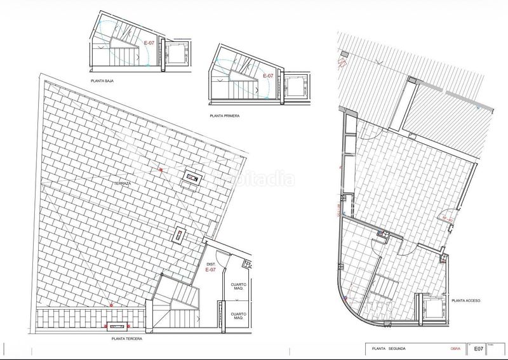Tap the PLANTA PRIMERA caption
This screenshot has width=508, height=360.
(x=225, y=116)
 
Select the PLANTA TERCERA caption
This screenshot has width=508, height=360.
(x=125, y=339)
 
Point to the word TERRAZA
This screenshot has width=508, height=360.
(x=122, y=183)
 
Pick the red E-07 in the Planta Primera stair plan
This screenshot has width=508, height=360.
(x=268, y=76)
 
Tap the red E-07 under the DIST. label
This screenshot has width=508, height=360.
(x=211, y=270)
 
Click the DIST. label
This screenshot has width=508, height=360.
(x=211, y=263)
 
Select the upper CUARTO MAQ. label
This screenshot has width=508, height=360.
(x=238, y=286)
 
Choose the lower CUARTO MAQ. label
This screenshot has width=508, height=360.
(x=238, y=316)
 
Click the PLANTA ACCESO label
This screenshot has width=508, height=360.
(x=465, y=300)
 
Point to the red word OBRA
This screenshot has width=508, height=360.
(x=446, y=349)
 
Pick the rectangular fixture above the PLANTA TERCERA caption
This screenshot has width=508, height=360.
(x=117, y=326)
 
